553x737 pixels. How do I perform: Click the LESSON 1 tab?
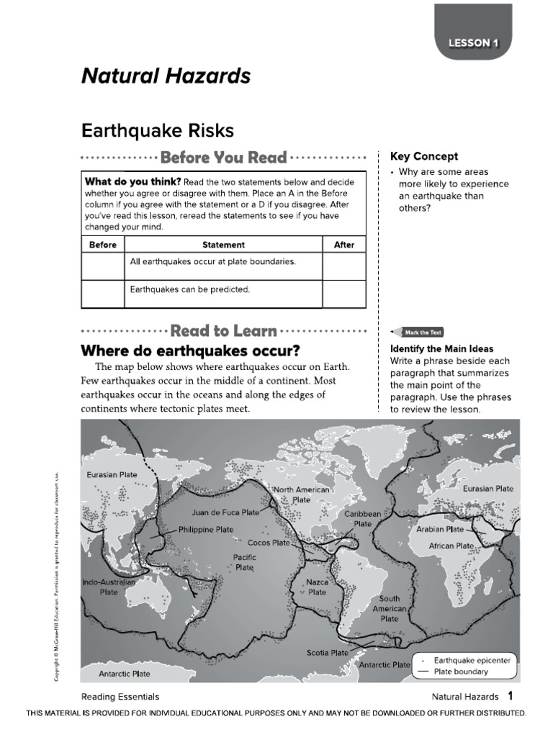[473, 43]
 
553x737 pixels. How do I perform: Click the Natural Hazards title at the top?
[166, 76]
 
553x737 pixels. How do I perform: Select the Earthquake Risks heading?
[158, 130]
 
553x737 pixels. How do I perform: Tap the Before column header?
[102, 245]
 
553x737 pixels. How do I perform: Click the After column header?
[344, 245]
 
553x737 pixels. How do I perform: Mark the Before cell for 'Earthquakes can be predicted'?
[102, 293]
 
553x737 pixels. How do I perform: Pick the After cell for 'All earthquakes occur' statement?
[344, 266]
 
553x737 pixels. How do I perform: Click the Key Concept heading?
[423, 156]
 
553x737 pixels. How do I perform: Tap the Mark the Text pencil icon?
[417, 333]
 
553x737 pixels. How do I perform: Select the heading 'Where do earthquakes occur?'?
[190, 351]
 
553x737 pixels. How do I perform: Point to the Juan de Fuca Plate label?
[225, 513]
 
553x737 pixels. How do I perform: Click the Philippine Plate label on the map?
[205, 529]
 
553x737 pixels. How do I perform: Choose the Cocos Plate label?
[269, 543]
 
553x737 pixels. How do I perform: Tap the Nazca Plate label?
[317, 587]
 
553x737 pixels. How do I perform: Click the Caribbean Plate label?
[363, 519]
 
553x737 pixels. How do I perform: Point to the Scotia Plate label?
[328, 653]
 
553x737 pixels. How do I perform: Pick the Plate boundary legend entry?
[461, 672]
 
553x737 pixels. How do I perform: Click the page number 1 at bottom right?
[510, 696]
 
